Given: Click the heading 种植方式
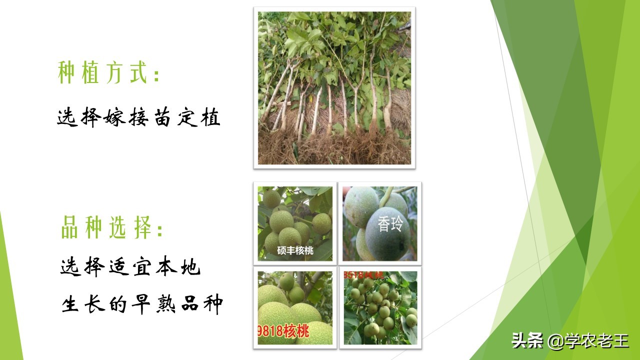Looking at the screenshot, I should tap(102, 73).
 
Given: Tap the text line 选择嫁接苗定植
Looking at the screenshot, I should tap(138, 118).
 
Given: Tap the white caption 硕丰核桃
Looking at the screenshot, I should tap(295, 250).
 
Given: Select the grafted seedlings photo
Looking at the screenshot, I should tap(334, 88).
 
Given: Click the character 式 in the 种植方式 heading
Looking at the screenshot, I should tap(137, 73).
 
